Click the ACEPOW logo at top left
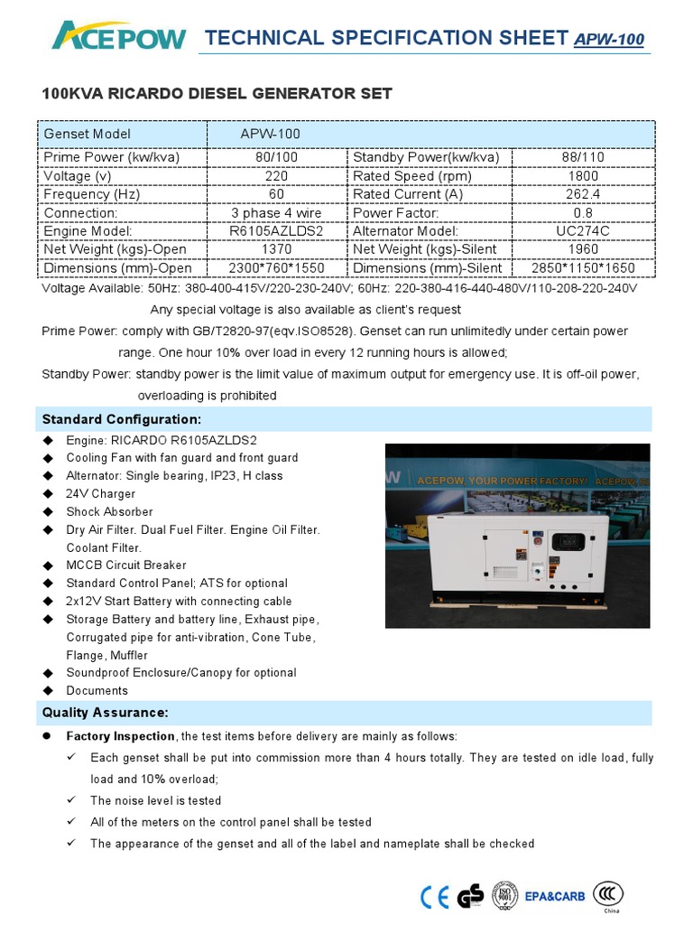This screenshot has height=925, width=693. point(118,38)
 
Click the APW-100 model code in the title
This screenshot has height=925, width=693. point(609,41)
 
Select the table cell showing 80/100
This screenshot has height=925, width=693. point(277,157)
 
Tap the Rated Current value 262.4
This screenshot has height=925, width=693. point(584,194)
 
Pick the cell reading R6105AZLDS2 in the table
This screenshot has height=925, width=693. point(277,231)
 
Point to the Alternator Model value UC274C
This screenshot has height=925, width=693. point(584,231)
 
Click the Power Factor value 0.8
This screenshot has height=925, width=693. point(584,213)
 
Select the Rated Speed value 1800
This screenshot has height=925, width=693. point(584,176)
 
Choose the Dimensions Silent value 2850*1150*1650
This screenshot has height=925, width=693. point(584,268)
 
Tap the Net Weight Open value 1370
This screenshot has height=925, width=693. point(277,249)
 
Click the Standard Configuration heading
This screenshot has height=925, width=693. point(122,420)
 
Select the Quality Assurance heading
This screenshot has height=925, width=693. point(106,713)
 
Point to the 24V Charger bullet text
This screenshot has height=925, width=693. point(101,494)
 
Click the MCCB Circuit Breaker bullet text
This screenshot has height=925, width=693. point(126,565)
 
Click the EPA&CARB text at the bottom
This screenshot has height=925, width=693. point(555,897)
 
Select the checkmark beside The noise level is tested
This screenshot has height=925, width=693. point(71,800)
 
